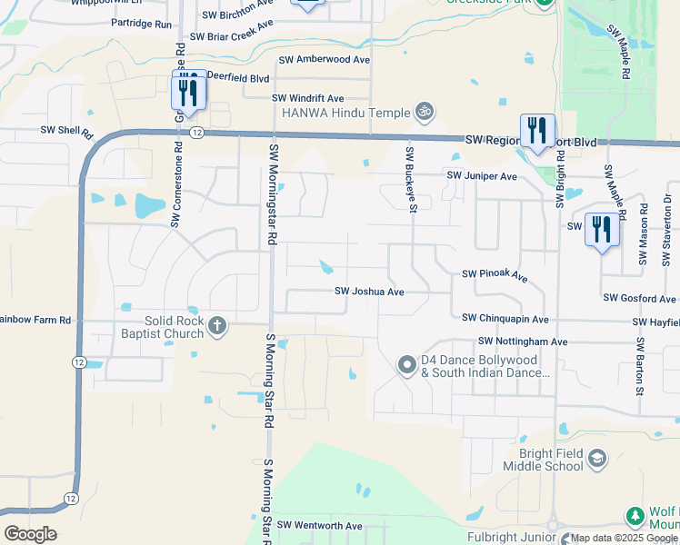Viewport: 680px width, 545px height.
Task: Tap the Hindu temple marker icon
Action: coord(423,112)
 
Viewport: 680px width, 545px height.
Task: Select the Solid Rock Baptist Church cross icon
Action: coord(217,326)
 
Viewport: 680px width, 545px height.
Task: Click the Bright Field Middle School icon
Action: coord(596,459)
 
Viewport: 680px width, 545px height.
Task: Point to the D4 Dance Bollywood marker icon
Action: coord(407,365)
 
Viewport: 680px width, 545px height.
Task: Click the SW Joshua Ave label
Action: coord(369,292)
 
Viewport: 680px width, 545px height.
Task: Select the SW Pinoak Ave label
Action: coord(495,273)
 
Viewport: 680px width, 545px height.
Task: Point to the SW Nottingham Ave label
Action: coord(515,342)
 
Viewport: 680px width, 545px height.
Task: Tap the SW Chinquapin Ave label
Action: coord(505,319)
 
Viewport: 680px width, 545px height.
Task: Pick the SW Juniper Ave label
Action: coord(480,175)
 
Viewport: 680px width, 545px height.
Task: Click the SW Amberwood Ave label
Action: coord(325,59)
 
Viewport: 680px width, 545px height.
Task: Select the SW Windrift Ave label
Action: coord(307,98)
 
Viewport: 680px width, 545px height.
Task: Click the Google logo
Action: coord(30,534)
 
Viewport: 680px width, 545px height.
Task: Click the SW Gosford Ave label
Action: coord(639,298)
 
